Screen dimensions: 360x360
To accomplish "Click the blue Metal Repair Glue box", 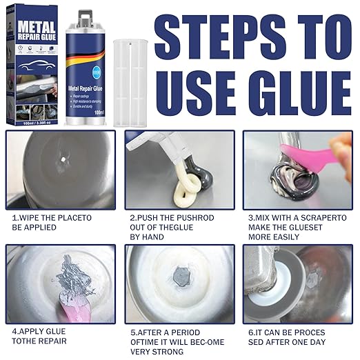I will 32,66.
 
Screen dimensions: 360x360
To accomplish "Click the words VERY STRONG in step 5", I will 161,352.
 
